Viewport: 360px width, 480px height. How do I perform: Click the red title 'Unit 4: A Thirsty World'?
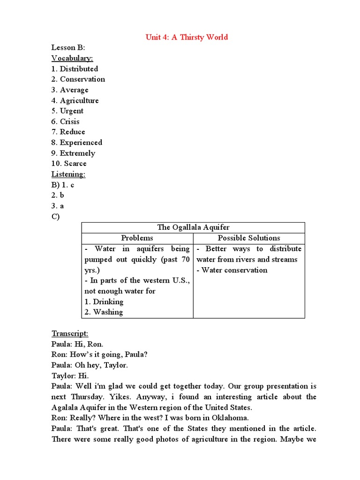click(x=187, y=37)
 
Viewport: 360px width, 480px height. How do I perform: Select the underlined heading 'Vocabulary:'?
click(x=72, y=58)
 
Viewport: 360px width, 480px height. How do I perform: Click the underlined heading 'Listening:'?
click(x=68, y=174)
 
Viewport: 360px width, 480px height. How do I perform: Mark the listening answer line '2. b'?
click(x=58, y=195)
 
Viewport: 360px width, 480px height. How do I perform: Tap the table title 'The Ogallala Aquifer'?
click(x=193, y=227)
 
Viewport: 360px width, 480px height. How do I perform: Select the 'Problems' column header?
click(x=137, y=238)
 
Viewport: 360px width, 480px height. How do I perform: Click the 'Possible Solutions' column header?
click(x=249, y=238)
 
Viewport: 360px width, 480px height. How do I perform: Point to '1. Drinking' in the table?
click(x=104, y=302)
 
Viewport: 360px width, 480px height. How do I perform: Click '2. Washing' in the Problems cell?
click(x=104, y=312)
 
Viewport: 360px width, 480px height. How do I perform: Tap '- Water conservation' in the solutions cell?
click(x=232, y=270)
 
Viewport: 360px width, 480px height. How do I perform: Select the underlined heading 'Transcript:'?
click(x=70, y=334)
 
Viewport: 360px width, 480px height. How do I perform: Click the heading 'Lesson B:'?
click(x=68, y=48)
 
